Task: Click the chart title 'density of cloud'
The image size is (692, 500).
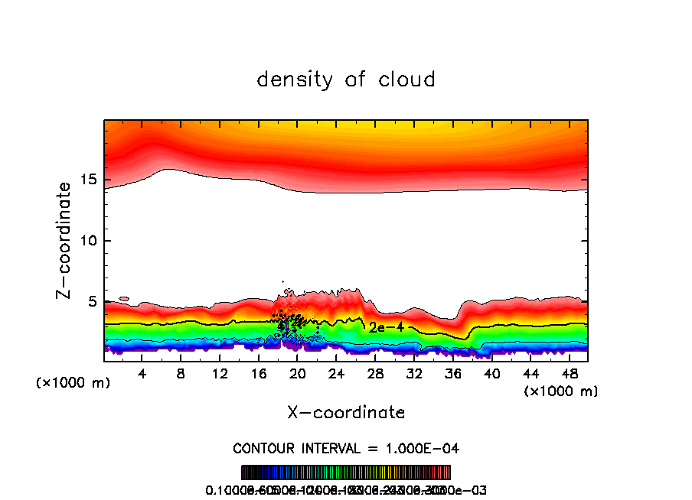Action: pyautogui.click(x=346, y=80)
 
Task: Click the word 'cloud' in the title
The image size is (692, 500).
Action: pyautogui.click(x=406, y=80)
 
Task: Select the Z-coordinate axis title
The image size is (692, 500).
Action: pyautogui.click(x=66, y=240)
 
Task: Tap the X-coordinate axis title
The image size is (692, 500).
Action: pyautogui.click(x=346, y=413)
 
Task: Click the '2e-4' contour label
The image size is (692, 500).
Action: pyautogui.click(x=386, y=327)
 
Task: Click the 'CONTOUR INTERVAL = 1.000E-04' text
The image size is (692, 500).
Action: pyautogui.click(x=346, y=448)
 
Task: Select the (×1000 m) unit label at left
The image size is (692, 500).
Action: pyautogui.click(x=73, y=383)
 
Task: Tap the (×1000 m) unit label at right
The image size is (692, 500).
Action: pyautogui.click(x=561, y=391)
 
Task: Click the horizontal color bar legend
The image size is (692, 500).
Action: pyautogui.click(x=346, y=472)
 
